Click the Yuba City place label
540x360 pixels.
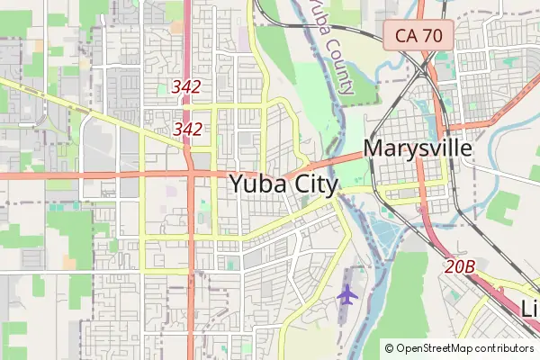pos(283,184)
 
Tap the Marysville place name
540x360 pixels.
pos(417,148)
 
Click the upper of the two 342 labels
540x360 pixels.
pos(186,87)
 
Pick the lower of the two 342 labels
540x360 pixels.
pos(186,129)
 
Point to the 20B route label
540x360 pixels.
pos(459,266)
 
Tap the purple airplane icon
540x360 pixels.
pos(346,293)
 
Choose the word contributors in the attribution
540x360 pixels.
pos(505,348)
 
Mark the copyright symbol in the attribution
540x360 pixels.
pos(389,348)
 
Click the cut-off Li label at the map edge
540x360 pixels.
pos(530,308)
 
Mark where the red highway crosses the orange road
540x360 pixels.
pos(192,172)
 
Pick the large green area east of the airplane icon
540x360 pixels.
pos(409,297)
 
